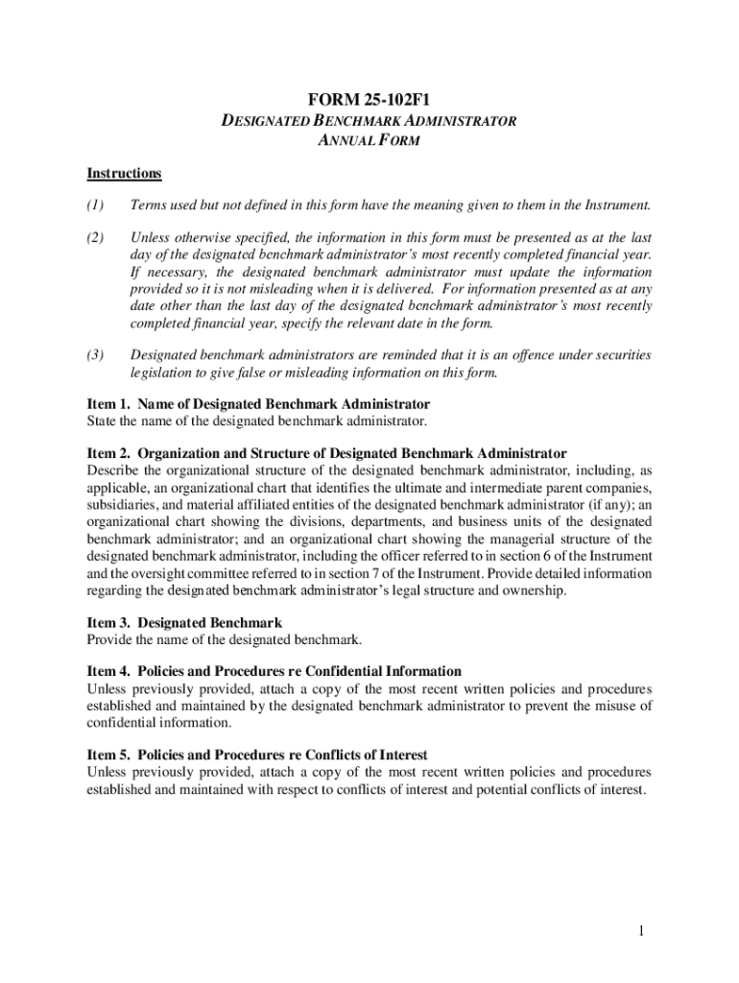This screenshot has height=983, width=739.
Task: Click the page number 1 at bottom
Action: coord(649,930)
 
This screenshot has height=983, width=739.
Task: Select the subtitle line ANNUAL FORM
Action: coord(369,141)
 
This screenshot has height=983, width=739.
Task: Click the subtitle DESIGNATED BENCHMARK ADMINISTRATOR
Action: coord(369,121)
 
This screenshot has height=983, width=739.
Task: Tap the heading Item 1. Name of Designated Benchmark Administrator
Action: coord(258,404)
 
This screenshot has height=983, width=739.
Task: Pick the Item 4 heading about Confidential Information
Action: coord(274,671)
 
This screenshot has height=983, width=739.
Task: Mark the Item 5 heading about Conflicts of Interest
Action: coord(256,755)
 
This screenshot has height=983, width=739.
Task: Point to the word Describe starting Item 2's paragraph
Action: coord(112,470)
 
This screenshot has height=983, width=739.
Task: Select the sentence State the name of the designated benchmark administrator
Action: coord(256,420)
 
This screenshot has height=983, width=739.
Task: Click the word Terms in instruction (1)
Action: coord(149,204)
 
